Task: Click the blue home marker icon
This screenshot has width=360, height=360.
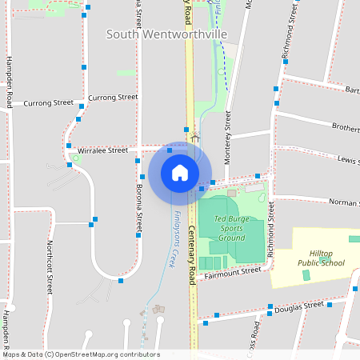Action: tap(179, 172)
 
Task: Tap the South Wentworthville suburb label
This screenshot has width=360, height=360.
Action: tap(166, 34)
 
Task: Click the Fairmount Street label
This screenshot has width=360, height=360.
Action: tap(233, 273)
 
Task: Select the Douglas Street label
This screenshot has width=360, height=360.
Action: tap(299, 306)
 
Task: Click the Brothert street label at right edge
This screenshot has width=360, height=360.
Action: tap(345, 127)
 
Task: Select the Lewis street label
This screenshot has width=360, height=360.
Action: tap(348, 159)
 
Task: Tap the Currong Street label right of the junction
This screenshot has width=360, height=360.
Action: tap(113, 97)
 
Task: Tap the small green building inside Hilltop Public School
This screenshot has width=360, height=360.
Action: tap(306, 275)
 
